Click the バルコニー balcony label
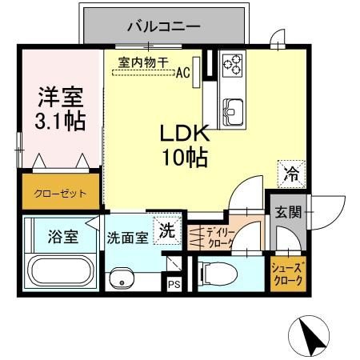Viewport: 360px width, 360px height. point(164,26)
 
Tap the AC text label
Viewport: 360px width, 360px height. point(183,72)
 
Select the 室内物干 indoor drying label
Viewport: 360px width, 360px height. point(143,63)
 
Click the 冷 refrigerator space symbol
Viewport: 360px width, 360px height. point(291,174)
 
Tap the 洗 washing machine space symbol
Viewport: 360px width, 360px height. point(167,230)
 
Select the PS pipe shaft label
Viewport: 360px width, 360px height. point(174,285)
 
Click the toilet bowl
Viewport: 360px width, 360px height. point(218,274)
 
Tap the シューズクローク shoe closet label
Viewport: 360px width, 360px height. point(287,274)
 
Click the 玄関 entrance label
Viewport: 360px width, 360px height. point(288,212)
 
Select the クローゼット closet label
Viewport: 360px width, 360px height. point(60,194)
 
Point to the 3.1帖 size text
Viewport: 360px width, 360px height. point(60,122)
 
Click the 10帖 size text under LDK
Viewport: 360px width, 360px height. point(185,158)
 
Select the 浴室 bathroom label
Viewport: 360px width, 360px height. point(63,237)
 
